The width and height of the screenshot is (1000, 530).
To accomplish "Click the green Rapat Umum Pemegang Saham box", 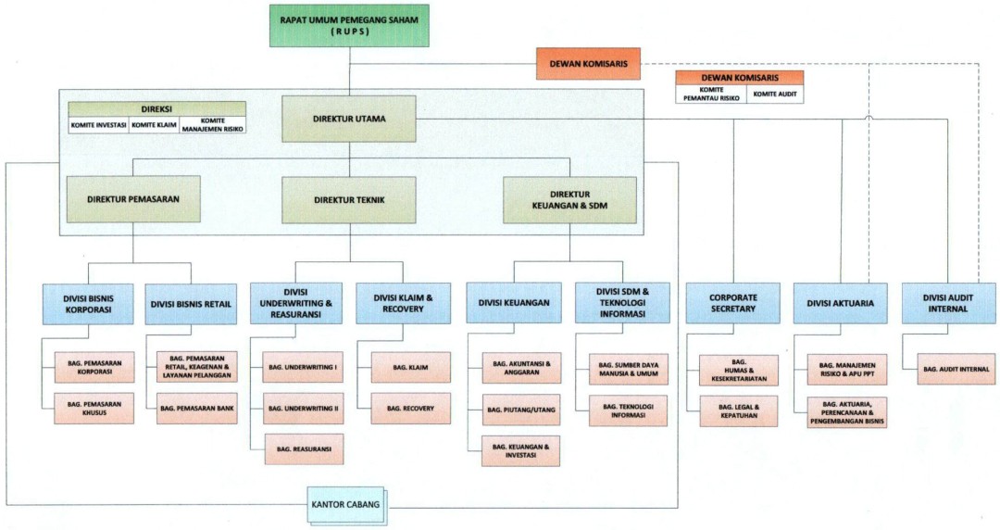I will coord(349,24).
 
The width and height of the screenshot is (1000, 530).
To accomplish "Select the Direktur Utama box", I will coord(349,119).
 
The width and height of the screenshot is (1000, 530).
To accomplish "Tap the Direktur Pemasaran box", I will coord(133,199).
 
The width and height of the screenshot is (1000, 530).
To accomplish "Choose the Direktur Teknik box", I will coord(349,199).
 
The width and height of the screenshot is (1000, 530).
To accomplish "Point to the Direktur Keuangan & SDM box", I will coord(570,199).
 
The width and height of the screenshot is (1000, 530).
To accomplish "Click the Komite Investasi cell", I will coord(98,124).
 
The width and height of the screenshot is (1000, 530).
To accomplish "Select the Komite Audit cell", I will coord(776,95).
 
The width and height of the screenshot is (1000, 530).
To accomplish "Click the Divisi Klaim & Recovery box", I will coord(402,303).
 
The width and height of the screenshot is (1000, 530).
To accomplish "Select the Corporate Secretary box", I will coord(732,303).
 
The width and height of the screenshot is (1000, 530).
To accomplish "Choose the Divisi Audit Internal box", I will coord(949,303).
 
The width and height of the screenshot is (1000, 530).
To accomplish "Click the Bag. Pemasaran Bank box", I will coord(195,408).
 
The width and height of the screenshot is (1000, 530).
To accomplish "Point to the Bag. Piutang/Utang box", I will coord(520,409).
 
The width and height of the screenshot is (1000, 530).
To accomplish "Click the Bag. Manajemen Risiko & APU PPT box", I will coord(846,368).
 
